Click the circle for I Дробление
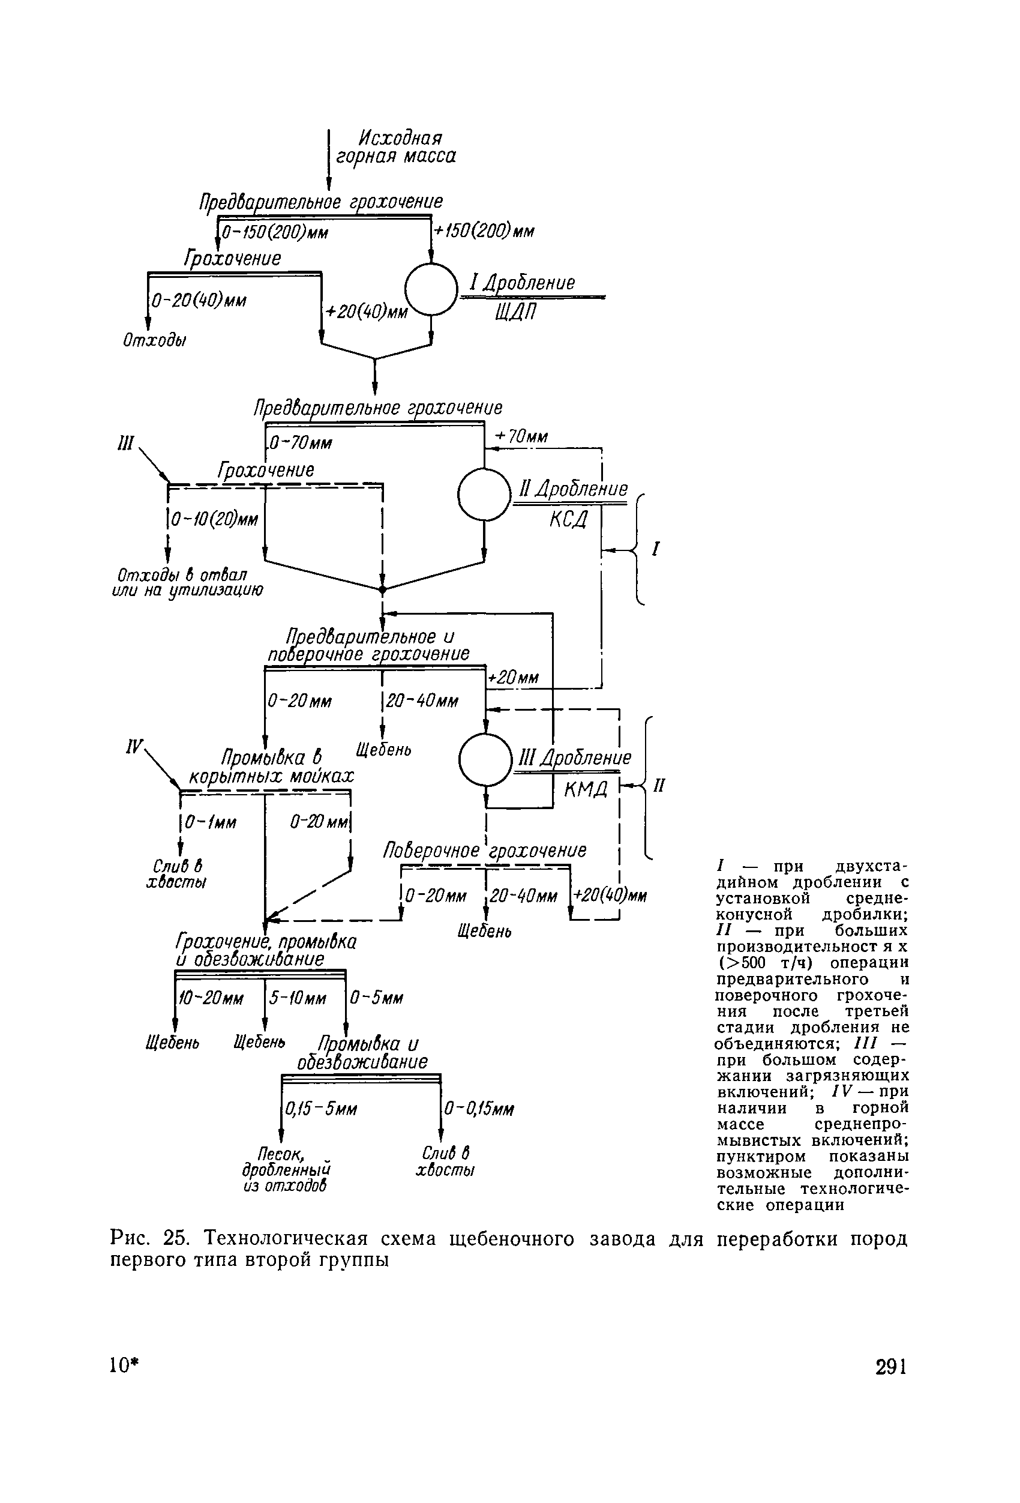coord(430,289)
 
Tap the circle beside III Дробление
coord(485,759)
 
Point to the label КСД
coord(569,518)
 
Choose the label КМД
coord(586,788)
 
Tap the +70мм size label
coord(521,438)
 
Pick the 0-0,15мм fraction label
coord(479,1109)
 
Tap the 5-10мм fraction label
coord(298,999)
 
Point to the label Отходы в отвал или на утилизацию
coord(187,583)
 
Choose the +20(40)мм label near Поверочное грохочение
coord(610,896)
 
